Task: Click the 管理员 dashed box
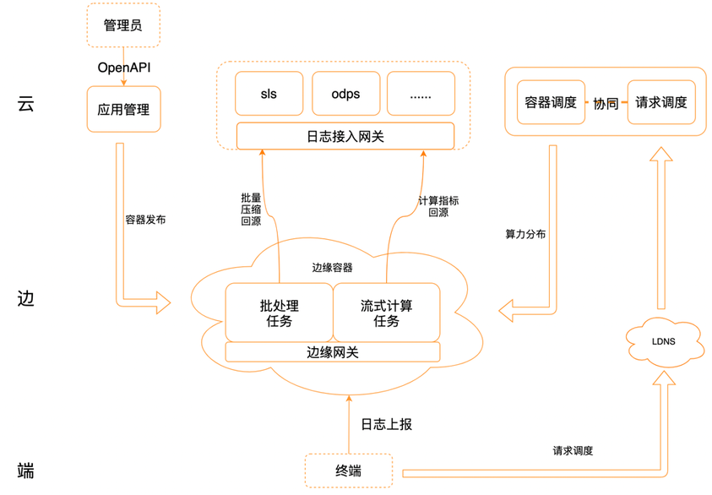123,24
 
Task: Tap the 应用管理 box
123,108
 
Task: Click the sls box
269,94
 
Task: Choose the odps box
345,94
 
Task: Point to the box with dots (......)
421,94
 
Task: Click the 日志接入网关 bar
345,135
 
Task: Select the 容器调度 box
551,103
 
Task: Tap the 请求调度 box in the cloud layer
662,103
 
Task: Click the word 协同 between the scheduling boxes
606,104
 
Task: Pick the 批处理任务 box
279,313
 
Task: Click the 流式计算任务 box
387,313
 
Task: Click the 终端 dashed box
348,470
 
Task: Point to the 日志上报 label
387,424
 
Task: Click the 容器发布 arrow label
145,220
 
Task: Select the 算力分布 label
525,234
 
